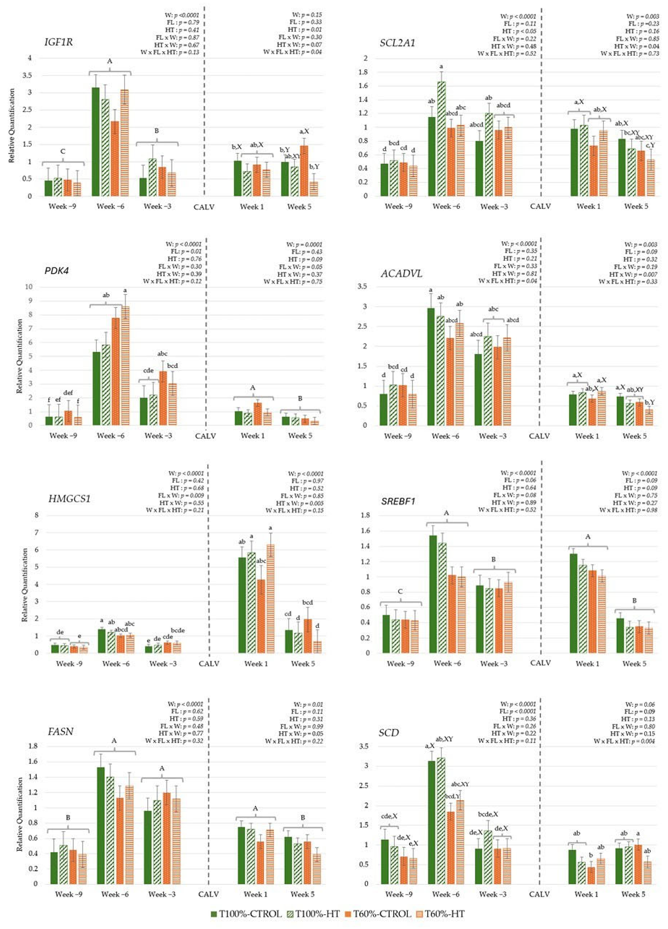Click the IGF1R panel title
pos(58,42)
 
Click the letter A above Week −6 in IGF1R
pos(109,62)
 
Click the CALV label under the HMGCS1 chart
pos(209,664)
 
